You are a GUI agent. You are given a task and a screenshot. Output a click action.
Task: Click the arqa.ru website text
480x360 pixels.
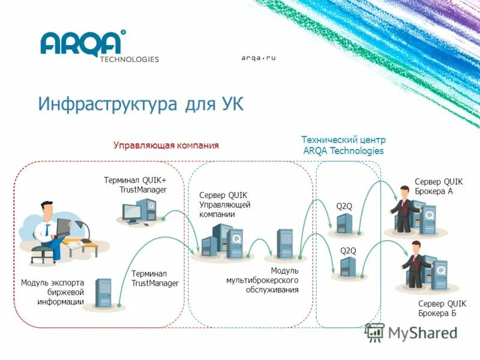coord(258,58)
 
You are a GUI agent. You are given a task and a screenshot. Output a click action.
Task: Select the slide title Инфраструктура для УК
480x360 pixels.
coord(141,103)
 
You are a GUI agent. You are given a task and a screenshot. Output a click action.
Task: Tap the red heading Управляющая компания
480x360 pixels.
coord(166,145)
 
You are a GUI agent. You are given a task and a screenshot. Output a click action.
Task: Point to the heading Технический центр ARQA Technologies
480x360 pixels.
coord(343,145)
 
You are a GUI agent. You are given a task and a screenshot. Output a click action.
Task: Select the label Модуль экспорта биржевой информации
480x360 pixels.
coord(53,292)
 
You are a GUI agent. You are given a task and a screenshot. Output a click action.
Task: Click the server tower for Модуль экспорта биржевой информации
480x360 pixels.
coord(104,293)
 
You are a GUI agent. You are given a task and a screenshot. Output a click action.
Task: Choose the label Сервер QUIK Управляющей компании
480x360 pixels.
coord(224,205)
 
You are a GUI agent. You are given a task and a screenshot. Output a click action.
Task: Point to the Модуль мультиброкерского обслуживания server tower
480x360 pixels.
coord(284,244)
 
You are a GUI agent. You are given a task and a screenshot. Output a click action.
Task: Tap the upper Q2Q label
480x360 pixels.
coord(344,206)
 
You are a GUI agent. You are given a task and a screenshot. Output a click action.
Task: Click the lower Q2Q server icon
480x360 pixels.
coord(348,266)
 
